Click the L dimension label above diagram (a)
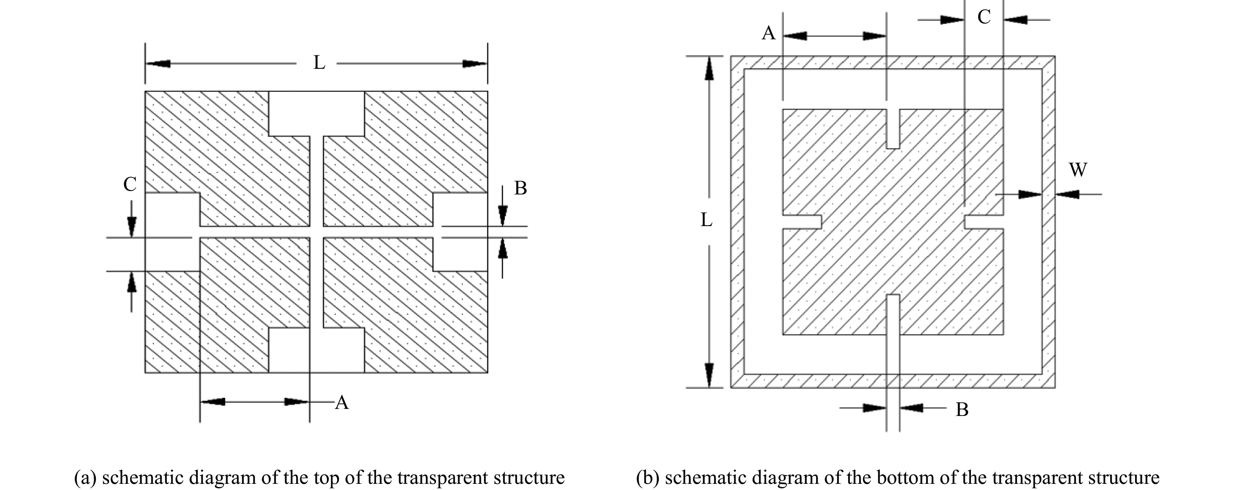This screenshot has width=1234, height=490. (x=319, y=63)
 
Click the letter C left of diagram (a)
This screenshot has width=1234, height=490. (x=130, y=184)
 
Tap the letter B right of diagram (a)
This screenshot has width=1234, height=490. (x=520, y=189)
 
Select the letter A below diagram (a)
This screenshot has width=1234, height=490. (x=342, y=403)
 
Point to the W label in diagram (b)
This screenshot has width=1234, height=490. (x=1078, y=170)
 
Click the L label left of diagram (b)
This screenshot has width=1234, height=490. (x=706, y=220)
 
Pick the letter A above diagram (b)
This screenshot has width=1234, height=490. (x=768, y=33)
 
